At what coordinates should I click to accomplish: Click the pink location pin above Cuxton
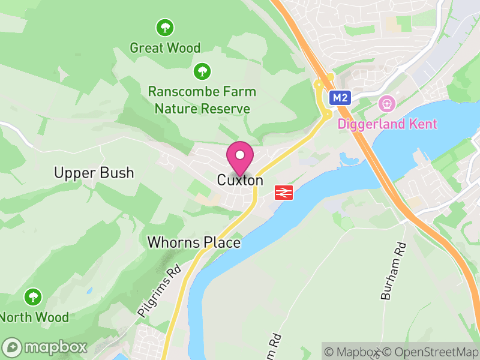click(240, 156)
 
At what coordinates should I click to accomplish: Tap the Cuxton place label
click(240, 180)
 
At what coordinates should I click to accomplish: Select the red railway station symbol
click(283, 193)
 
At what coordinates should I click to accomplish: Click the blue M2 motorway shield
click(340, 97)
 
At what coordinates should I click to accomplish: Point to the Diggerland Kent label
click(387, 125)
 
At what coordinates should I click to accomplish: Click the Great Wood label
click(165, 47)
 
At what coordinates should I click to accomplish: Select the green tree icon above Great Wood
click(165, 27)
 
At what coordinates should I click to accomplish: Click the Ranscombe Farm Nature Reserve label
click(202, 100)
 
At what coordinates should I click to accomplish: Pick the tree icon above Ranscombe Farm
click(202, 72)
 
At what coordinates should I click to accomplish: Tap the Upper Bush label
click(94, 173)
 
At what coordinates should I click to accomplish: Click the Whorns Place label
click(194, 243)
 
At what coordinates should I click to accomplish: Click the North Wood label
click(34, 317)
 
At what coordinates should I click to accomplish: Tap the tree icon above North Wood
click(33, 296)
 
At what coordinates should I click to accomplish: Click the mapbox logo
click(45, 347)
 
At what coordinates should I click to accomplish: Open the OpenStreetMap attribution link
click(431, 352)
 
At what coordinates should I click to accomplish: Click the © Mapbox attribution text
click(353, 352)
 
